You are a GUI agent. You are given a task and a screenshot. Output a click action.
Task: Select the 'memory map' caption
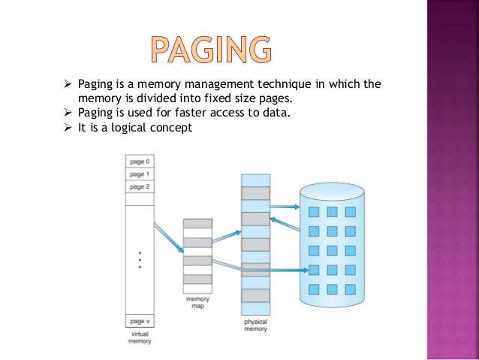[x=197, y=303]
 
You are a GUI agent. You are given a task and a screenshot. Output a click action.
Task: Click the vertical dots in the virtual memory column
[x=140, y=260]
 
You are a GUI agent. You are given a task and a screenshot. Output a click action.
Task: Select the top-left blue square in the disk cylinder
[x=315, y=212]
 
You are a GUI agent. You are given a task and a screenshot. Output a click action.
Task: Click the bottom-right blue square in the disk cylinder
[x=351, y=289]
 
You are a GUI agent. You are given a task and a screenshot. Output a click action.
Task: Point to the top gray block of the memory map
[x=197, y=223]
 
